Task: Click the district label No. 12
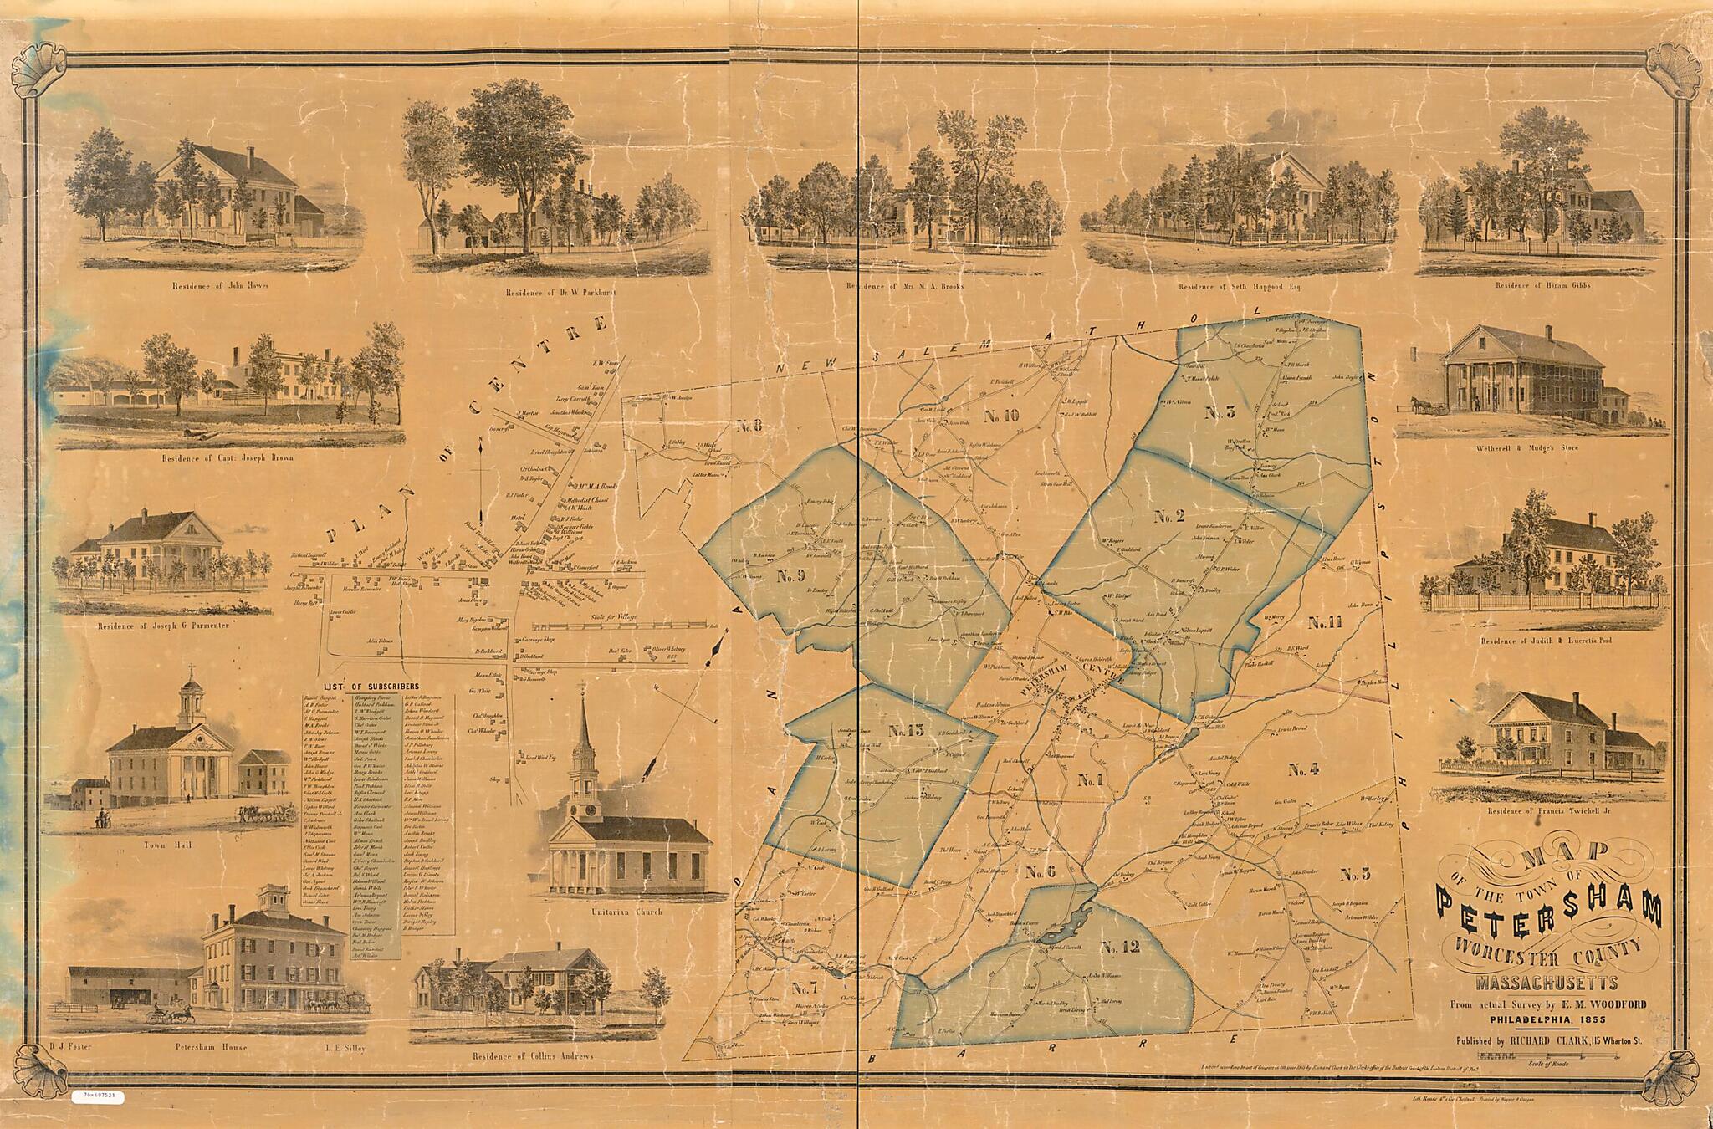pyautogui.click(x=1121, y=948)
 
